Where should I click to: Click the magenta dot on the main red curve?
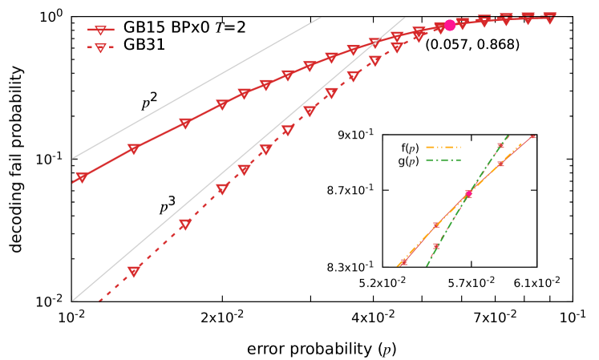pyautogui.click(x=450, y=26)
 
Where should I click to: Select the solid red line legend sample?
pyautogui.click(x=100, y=30)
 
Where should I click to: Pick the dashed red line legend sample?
pyautogui.click(x=100, y=47)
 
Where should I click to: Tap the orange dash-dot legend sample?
pyautogui.click(x=443, y=148)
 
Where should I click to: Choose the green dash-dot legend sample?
pyautogui.click(x=443, y=160)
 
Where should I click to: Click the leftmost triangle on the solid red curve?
pyautogui.click(x=82, y=177)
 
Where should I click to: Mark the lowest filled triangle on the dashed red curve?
pyautogui.click(x=134, y=271)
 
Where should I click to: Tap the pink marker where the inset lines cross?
pyautogui.click(x=469, y=193)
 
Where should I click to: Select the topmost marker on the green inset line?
pyautogui.click(x=500, y=146)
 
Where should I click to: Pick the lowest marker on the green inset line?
pyautogui.click(x=437, y=246)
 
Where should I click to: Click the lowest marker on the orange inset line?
pyautogui.click(x=403, y=261)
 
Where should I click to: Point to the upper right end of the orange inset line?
pyautogui.click(x=532, y=137)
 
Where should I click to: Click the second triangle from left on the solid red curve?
pyautogui.click(x=134, y=148)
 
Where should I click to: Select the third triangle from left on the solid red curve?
pyautogui.click(x=185, y=123)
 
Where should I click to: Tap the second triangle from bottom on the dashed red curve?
pyautogui.click(x=185, y=224)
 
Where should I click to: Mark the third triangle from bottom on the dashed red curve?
pyautogui.click(x=222, y=189)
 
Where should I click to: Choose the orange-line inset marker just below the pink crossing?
pyautogui.click(x=437, y=225)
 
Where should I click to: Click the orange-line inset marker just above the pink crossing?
pyautogui.click(x=500, y=164)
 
